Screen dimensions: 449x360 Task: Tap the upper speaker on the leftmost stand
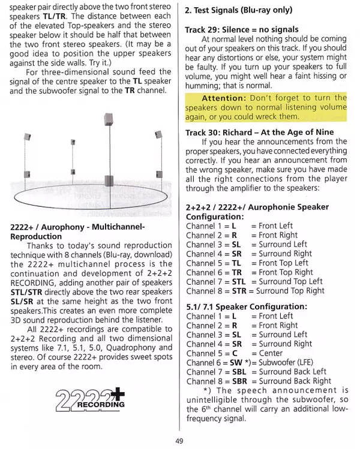click(28, 137)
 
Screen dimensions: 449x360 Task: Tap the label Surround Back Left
click(292, 372)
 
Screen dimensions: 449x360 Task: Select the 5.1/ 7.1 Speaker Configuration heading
click(247, 306)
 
